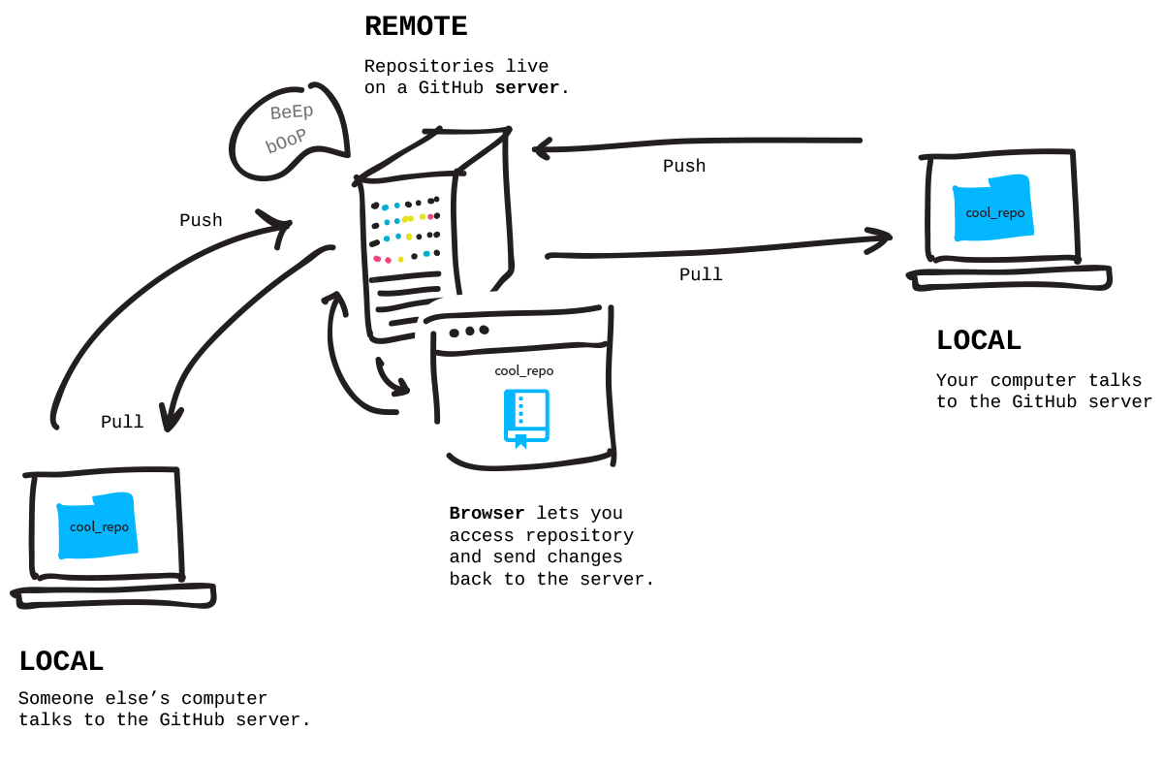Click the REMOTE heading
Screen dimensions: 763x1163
tap(416, 27)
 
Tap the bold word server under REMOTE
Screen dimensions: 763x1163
tap(527, 88)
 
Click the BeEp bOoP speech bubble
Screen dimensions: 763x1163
tap(289, 129)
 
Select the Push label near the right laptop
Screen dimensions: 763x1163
tap(684, 167)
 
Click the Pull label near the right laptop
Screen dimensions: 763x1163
tap(701, 275)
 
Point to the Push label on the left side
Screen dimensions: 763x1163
tap(201, 221)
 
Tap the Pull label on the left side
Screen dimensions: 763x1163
tap(122, 423)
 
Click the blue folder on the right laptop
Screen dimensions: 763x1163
tap(993, 209)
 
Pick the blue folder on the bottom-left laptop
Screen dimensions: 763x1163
tap(98, 525)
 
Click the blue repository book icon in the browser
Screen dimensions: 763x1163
tap(526, 418)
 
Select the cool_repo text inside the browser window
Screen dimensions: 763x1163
tap(524, 370)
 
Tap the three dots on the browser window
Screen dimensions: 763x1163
tap(469, 331)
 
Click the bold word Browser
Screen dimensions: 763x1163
tap(487, 514)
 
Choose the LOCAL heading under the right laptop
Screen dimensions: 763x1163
tap(979, 341)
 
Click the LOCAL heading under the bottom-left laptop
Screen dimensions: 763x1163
tap(61, 662)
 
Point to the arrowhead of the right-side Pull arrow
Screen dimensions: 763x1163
tap(882, 238)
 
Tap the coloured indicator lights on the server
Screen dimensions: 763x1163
tap(405, 232)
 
